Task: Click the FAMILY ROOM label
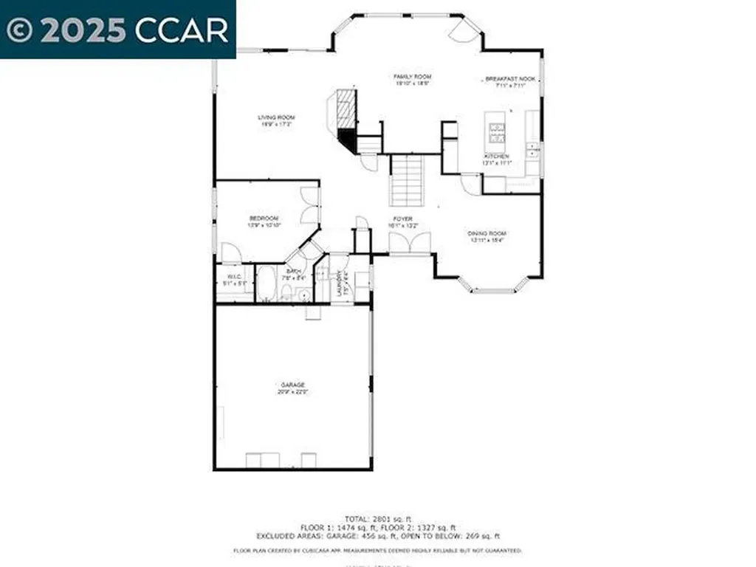click(412, 77)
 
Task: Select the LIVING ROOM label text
click(276, 117)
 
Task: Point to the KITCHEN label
click(497, 157)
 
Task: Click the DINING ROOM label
click(487, 233)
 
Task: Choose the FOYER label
click(402, 219)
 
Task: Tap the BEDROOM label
click(264, 219)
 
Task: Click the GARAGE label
click(292, 385)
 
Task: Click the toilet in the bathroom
click(286, 295)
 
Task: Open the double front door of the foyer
click(409, 243)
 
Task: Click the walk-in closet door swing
click(230, 252)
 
